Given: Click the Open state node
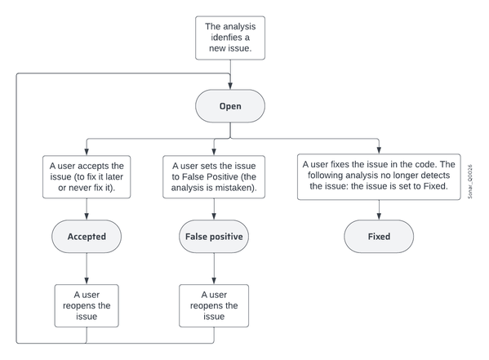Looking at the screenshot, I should tap(230, 106).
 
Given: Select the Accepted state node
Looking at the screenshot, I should tap(87, 237).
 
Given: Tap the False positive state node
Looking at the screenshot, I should tap(214, 237).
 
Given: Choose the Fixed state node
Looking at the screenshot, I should tap(379, 237).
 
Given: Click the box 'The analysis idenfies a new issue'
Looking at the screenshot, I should tap(230, 38).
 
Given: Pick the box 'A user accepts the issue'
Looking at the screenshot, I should tap(87, 176).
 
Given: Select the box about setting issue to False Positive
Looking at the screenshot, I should tap(214, 176).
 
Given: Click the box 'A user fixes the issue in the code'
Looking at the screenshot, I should tap(379, 176).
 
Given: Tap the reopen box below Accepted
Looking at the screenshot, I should tap(87, 305).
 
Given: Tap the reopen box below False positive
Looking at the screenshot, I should tap(214, 305).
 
